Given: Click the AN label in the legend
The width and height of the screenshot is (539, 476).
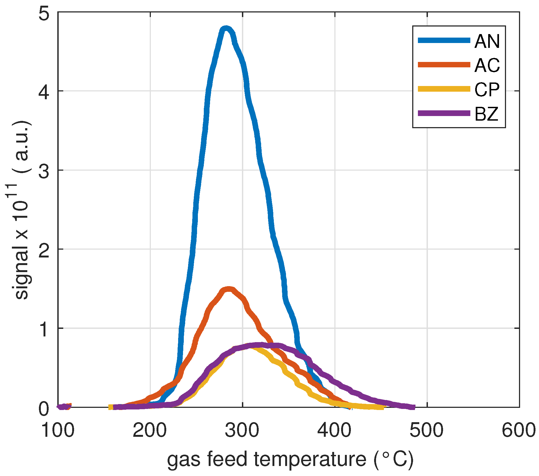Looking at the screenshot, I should click(487, 41).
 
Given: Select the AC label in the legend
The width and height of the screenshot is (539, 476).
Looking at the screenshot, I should click(487, 65).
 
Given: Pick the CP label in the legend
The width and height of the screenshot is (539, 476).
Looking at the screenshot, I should click(487, 90).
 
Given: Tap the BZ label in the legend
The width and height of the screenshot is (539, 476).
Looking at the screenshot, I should click(486, 114).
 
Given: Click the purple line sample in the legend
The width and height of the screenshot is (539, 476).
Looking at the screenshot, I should click(444, 113).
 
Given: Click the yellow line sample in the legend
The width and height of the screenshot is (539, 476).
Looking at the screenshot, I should click(444, 89).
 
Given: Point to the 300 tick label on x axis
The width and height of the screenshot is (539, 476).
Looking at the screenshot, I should click(242, 430).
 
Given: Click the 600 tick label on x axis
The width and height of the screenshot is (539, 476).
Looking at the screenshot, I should click(518, 430).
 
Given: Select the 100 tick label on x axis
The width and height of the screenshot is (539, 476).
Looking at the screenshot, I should click(57, 430).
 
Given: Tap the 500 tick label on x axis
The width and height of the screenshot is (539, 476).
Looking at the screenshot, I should click(427, 430).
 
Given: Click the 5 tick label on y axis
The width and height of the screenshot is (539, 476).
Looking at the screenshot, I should click(44, 14).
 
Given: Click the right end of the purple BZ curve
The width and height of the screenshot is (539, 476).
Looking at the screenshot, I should click(412, 407).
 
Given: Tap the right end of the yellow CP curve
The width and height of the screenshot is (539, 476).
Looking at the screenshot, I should click(381, 407).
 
